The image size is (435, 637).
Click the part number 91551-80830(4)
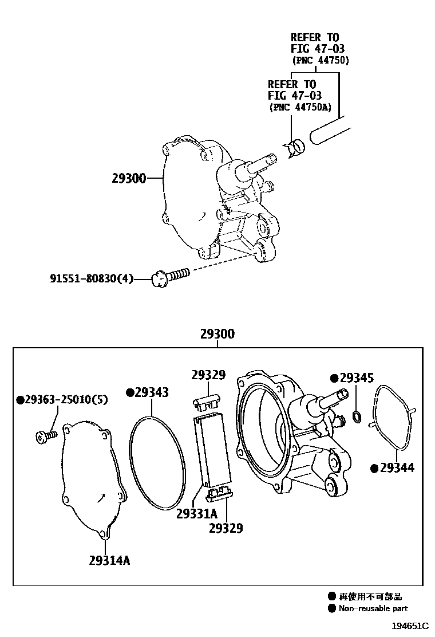pyautogui.click(x=91, y=279)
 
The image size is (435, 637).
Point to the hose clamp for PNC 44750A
pyautogui.click(x=295, y=148)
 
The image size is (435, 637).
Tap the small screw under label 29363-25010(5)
pyautogui.click(x=44, y=437)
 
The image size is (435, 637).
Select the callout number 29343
pyautogui.click(x=147, y=392)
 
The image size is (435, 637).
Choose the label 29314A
pyautogui.click(x=109, y=560)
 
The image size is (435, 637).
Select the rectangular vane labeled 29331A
pyautogui.click(x=213, y=447)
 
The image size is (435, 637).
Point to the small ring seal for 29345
pyautogui.click(x=357, y=415)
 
